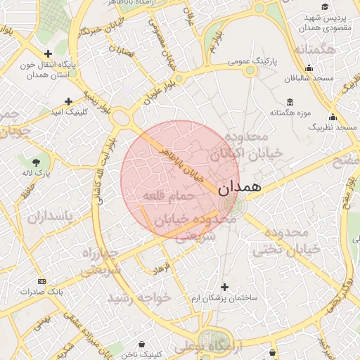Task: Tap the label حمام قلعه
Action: pyautogui.click(x=162, y=194)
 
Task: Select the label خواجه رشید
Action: pyautogui.click(x=139, y=298)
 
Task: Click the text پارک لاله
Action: pyautogui.click(x=32, y=172)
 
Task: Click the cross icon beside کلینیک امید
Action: pyautogui.click(x=68, y=101)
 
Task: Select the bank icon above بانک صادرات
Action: pyautogui.click(x=41, y=281)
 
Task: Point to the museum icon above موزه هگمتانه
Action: pyautogui.click(x=290, y=101)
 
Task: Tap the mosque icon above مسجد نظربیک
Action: pyautogui.click(x=333, y=117)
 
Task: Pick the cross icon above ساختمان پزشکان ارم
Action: pyautogui.click(x=224, y=287)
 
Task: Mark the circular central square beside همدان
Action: pyautogui.click(x=231, y=205)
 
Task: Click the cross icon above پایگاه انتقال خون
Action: pyautogui.click(x=48, y=53)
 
